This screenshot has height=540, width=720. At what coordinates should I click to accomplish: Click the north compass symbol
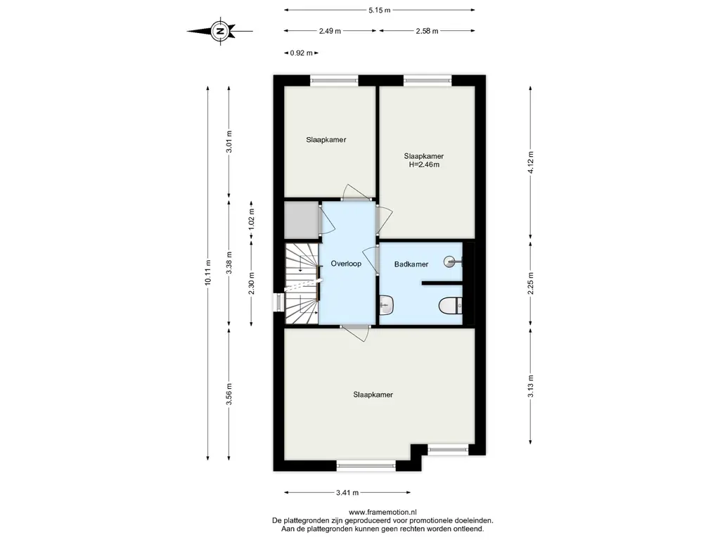pos(220,31)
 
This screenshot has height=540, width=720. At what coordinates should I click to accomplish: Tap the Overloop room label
pos(346,264)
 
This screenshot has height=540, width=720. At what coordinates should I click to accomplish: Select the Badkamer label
pos(411,264)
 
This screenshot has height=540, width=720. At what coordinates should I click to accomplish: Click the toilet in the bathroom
pos(450,306)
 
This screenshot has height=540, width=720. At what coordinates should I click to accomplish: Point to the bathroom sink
pos(386,306)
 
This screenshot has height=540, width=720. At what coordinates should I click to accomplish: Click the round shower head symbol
pos(449,262)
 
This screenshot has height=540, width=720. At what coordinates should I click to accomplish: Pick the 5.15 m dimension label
pos(379,10)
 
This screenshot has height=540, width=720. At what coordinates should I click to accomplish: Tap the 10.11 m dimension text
pos(208,273)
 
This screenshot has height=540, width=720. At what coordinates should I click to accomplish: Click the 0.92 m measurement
pos(301,53)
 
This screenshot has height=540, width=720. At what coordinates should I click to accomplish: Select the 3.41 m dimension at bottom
pos(347,493)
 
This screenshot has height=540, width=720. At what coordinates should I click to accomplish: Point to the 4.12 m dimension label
pos(531,162)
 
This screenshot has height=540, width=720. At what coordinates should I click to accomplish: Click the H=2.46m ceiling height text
pos(424,165)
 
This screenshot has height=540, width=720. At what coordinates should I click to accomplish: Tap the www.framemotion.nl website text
pos(382,512)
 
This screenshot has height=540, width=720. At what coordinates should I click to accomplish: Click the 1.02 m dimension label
pos(252,219)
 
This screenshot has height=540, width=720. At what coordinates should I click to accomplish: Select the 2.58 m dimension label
pos(427,31)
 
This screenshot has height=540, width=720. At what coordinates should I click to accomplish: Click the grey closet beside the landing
pos(302,220)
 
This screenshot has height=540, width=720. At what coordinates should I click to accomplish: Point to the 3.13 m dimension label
pos(531,387)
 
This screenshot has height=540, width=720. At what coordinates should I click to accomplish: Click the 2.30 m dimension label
pos(252,284)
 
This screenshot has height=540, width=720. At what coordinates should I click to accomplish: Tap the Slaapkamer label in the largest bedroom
pos(373,394)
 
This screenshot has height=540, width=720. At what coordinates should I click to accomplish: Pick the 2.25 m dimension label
pos(531,284)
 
